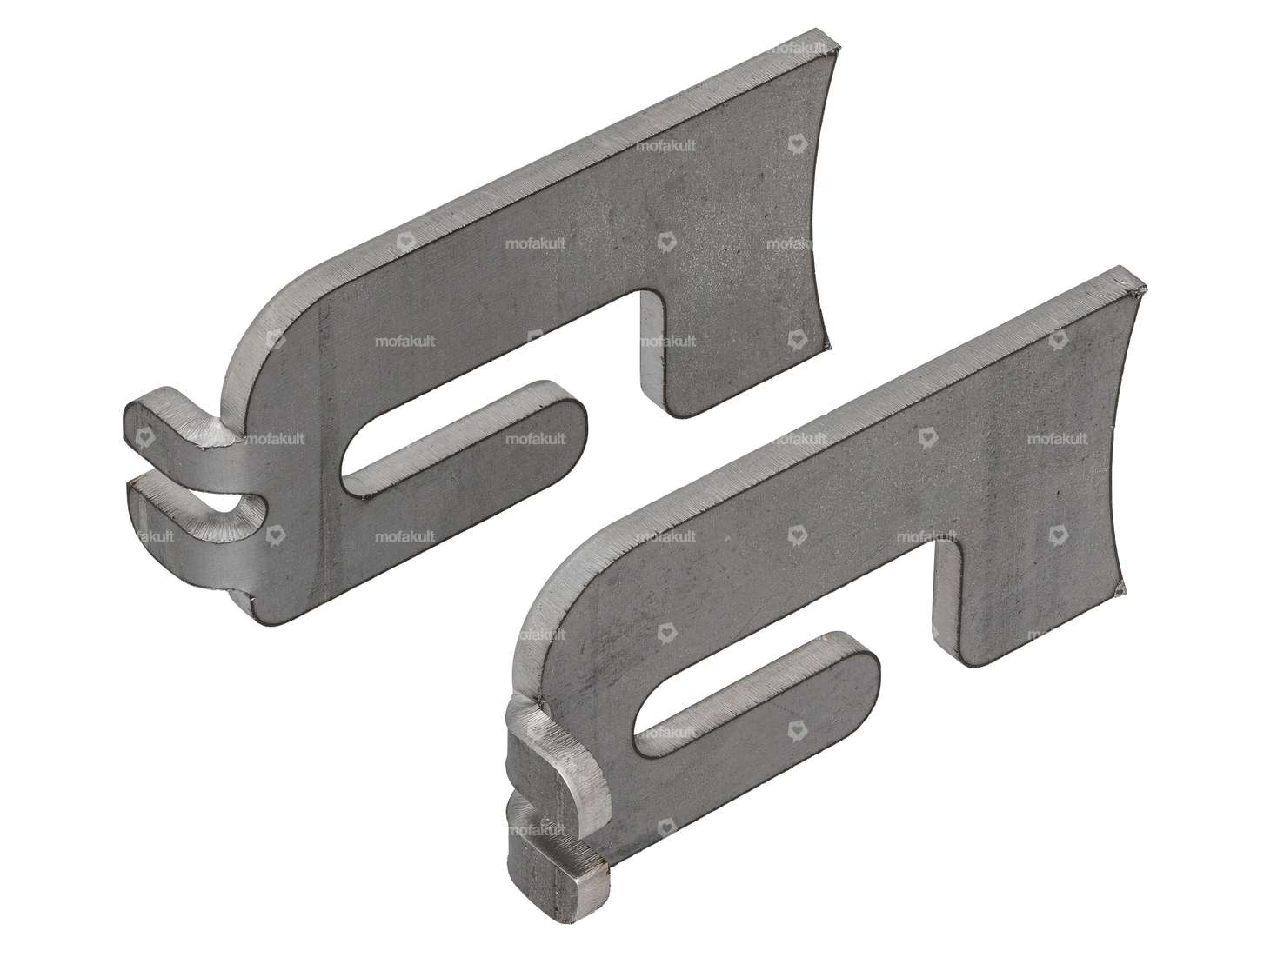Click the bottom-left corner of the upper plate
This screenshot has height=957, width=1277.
click(x=261, y=619)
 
